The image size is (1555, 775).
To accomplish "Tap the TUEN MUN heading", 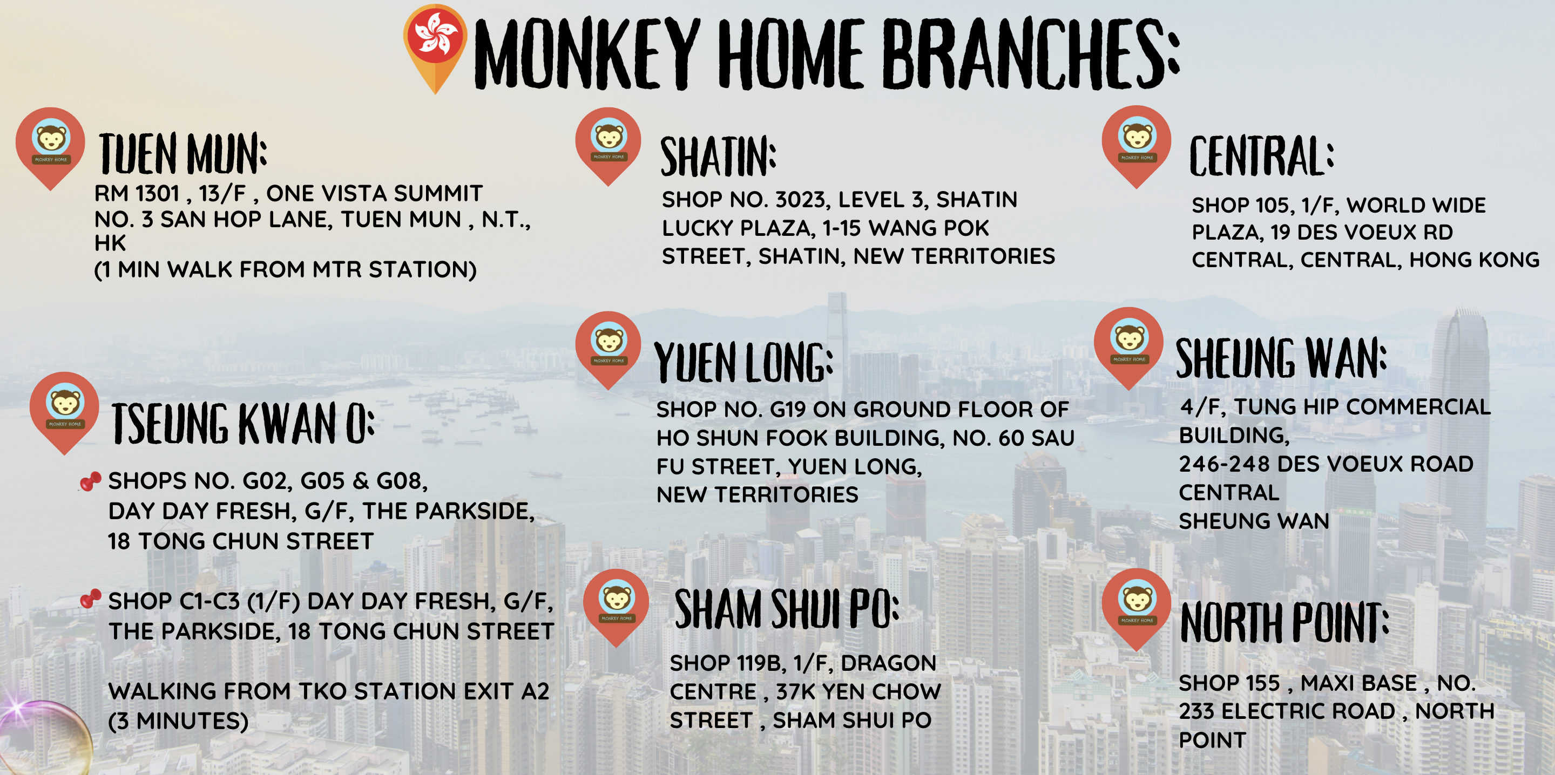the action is [183, 153].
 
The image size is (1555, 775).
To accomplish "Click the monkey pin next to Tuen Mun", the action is [51, 148].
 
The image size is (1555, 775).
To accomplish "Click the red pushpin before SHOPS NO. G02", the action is [91, 481].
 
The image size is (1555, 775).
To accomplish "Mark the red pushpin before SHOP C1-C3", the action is [91, 599].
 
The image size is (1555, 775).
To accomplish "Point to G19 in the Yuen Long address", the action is [788, 409].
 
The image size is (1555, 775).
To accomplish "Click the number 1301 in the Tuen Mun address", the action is [158, 193].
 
